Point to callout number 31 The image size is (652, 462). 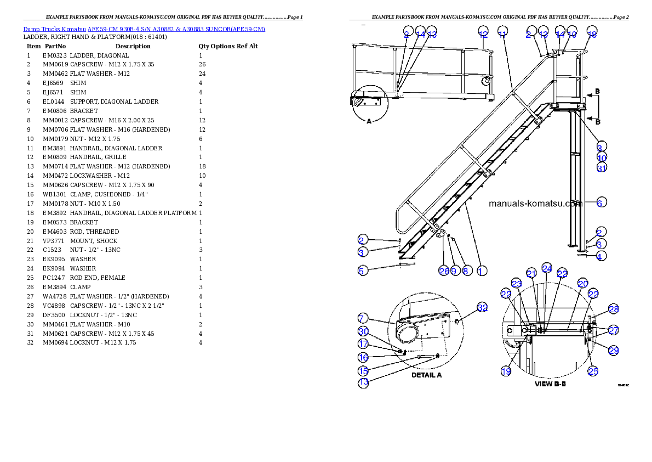pyautogui.click(x=602, y=168)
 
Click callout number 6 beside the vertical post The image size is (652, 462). pyautogui.click(x=599, y=202)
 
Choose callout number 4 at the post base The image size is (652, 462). pyautogui.click(x=601, y=256)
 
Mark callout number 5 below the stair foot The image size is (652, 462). pyautogui.click(x=362, y=270)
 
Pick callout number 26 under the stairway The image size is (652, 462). pyautogui.click(x=444, y=271)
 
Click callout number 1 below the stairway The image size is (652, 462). pyautogui.click(x=480, y=271)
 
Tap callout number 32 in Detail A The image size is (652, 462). pyautogui.click(x=482, y=308)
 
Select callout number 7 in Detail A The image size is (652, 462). pyautogui.click(x=363, y=318)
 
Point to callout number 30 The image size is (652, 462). pyautogui.click(x=363, y=331)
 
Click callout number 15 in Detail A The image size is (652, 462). pyautogui.click(x=363, y=371)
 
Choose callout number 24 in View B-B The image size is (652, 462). pyautogui.click(x=546, y=268)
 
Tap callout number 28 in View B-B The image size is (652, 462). pyautogui.click(x=614, y=310)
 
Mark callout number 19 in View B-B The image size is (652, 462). pyautogui.click(x=506, y=371)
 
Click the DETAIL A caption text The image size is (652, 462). pyautogui.click(x=426, y=375)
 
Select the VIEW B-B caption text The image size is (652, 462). pyautogui.click(x=550, y=384)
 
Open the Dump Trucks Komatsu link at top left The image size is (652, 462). pyautogui.click(x=144, y=29)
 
